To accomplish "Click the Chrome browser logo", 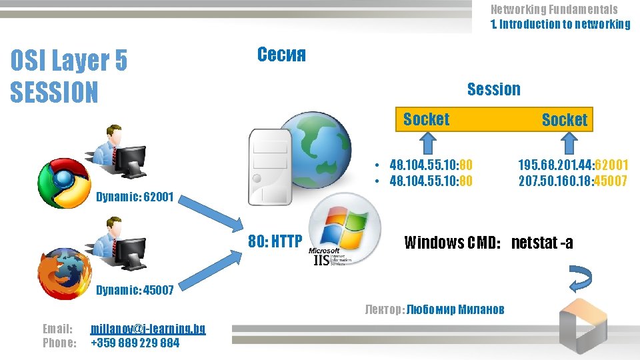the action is point(64,184).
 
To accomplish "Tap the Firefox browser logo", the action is point(64,273).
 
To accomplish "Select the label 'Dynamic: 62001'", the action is point(135,197).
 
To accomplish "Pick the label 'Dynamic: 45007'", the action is point(135,289).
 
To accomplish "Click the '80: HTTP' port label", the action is point(275,241).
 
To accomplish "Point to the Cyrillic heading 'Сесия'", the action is point(281,55).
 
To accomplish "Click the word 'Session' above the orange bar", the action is point(493,89).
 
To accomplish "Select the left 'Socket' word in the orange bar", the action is point(426,119).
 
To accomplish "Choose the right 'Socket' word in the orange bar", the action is point(564,120).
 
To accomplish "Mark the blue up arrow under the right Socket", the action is point(568,143).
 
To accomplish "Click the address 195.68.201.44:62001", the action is point(573,165).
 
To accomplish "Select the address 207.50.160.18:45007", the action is point(573,181).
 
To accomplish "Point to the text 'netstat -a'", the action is point(542,242).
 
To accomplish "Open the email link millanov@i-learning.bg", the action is point(148,329).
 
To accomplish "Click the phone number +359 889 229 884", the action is point(135,343).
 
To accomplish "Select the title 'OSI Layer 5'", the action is point(69,62).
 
